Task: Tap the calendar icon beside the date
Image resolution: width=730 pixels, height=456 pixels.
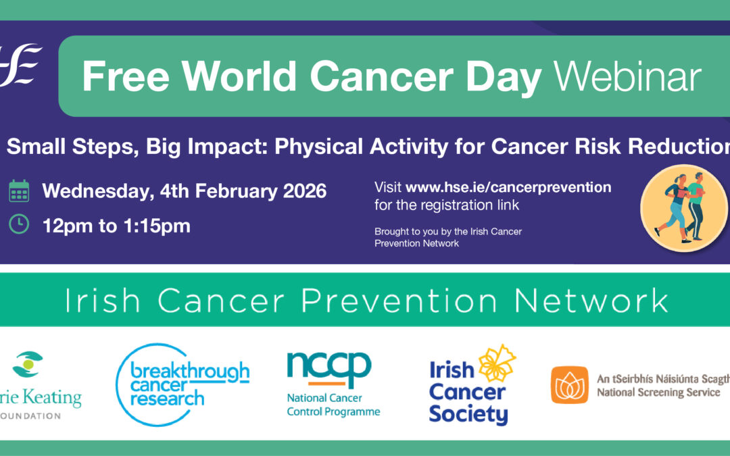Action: click(19, 191)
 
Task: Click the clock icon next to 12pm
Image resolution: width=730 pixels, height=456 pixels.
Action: click(19, 225)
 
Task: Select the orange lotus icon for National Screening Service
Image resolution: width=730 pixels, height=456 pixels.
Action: click(569, 384)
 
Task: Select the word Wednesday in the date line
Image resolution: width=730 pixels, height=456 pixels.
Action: click(92, 191)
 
